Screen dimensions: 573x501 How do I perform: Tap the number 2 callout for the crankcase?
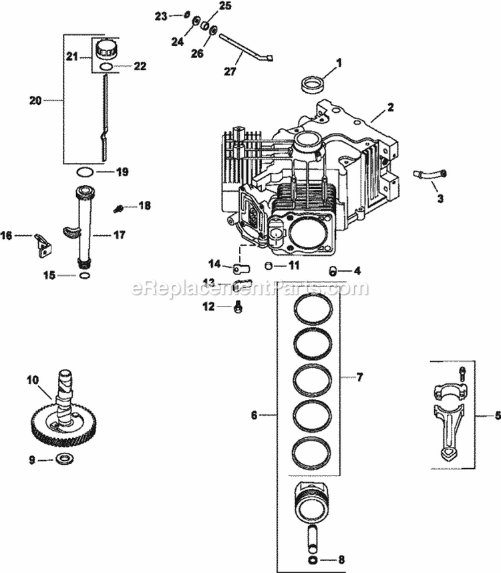[391, 107]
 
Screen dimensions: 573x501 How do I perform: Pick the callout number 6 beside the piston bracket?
[255, 415]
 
